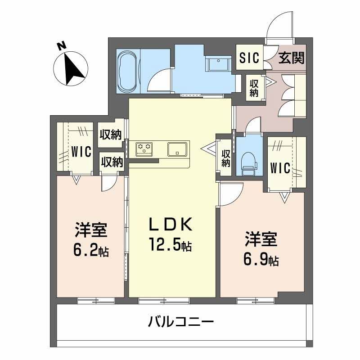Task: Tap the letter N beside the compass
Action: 62,45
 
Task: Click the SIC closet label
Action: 248,58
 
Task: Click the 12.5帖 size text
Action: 171,245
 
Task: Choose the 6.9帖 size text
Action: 261,259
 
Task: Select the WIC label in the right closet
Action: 280,167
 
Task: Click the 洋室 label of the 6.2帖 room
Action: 91,230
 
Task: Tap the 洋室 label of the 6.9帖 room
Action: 261,239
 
